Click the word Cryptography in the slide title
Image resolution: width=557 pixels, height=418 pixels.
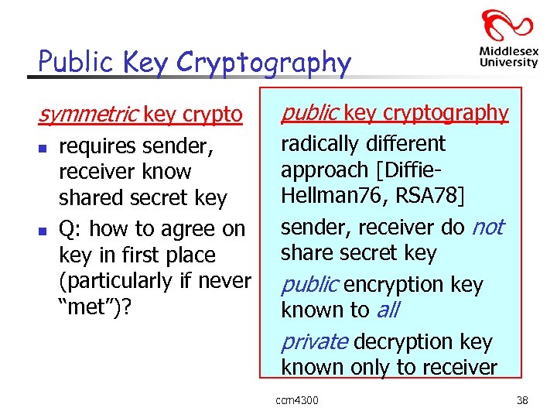264,63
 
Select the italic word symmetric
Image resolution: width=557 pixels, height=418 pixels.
88,115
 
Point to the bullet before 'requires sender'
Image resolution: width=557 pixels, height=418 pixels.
45,146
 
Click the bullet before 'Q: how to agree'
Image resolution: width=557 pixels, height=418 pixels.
45,230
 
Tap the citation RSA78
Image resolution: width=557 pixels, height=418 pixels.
428,196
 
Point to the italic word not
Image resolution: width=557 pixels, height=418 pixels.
487,227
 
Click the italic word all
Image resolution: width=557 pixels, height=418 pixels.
388,310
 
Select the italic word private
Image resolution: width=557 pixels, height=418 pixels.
314,341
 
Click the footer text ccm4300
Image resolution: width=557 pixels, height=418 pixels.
297,399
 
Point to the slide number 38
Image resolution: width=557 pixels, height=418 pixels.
521,399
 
